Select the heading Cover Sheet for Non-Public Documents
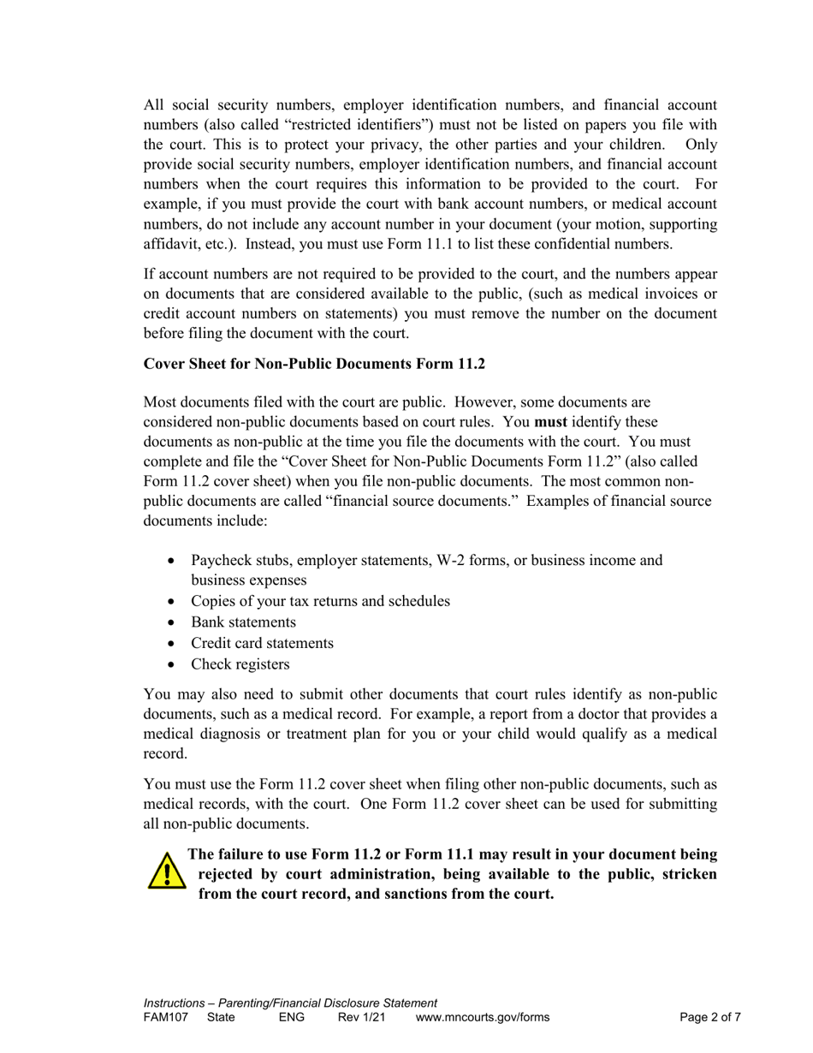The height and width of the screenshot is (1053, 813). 314,364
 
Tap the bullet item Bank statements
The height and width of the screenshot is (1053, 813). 243,622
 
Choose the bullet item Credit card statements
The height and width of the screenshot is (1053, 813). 262,643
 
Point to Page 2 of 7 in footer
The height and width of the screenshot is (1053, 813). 710,1018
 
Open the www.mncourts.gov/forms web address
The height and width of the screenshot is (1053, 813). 483,1018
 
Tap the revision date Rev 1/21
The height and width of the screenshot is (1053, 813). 362,1018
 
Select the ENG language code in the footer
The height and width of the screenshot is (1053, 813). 292,1018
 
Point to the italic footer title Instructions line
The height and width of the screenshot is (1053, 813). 291,1003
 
